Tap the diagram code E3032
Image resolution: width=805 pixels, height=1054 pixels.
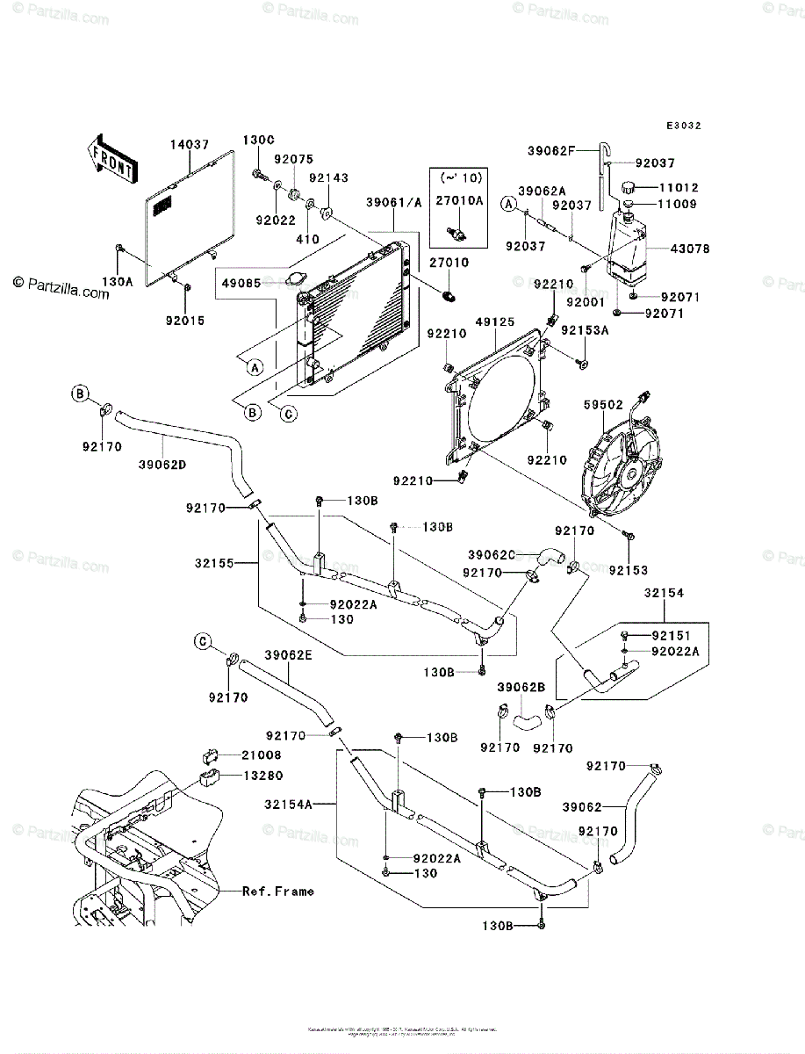tap(683, 126)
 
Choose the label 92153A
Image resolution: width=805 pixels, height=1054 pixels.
tap(584, 331)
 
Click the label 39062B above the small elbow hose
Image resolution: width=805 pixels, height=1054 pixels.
tap(521, 686)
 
